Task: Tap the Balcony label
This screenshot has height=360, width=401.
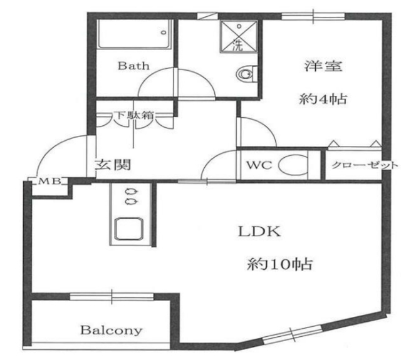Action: (x=112, y=330)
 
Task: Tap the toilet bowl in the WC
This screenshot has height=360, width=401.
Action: (x=293, y=167)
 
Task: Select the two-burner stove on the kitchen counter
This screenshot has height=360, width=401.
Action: (x=130, y=197)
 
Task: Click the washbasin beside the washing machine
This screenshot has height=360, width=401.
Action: (x=246, y=75)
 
